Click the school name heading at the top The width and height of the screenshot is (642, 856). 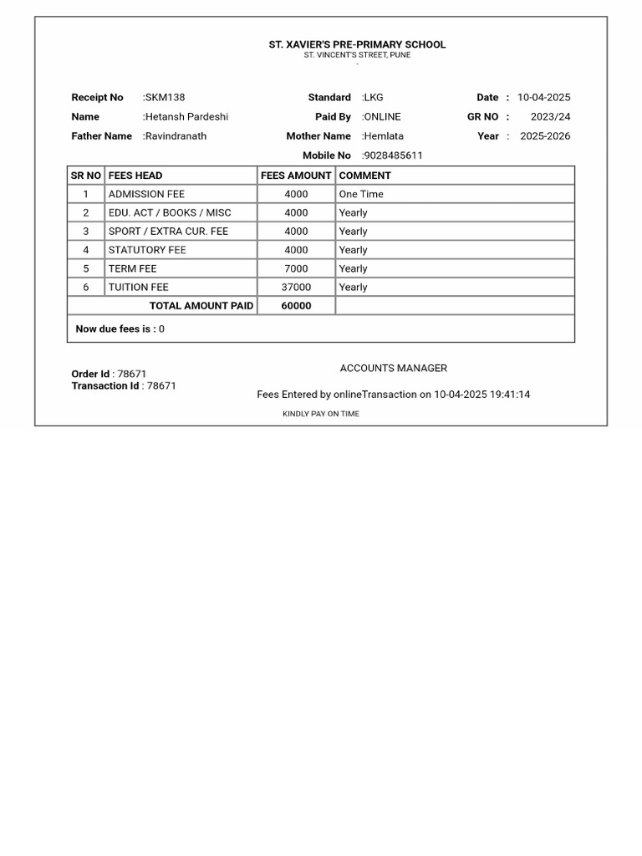[x=357, y=44]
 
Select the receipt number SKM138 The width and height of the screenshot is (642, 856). [x=165, y=98]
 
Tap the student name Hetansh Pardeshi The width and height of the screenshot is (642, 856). [x=186, y=117]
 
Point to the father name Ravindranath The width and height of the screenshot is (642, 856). [x=176, y=136]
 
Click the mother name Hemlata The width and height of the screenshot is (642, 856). [x=384, y=136]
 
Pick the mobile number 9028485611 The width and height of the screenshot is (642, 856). [x=393, y=155]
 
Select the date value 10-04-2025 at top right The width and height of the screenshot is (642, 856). [x=543, y=98]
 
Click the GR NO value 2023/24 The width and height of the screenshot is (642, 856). [x=550, y=117]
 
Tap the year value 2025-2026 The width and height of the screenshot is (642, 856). [x=545, y=136]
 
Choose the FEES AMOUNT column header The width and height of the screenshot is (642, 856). [x=296, y=176]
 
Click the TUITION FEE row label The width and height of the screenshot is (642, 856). [x=138, y=287]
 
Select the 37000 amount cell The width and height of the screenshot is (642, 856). [x=296, y=287]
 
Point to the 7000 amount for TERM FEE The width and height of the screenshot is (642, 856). [x=296, y=268]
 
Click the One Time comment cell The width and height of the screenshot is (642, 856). [x=361, y=194]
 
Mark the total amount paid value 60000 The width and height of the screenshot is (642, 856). [x=296, y=306]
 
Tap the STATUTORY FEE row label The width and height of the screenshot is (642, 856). [x=147, y=250]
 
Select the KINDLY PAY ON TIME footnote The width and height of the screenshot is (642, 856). [x=321, y=414]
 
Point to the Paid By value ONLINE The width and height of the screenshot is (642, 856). [x=382, y=117]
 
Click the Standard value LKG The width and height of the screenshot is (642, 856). [x=374, y=98]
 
